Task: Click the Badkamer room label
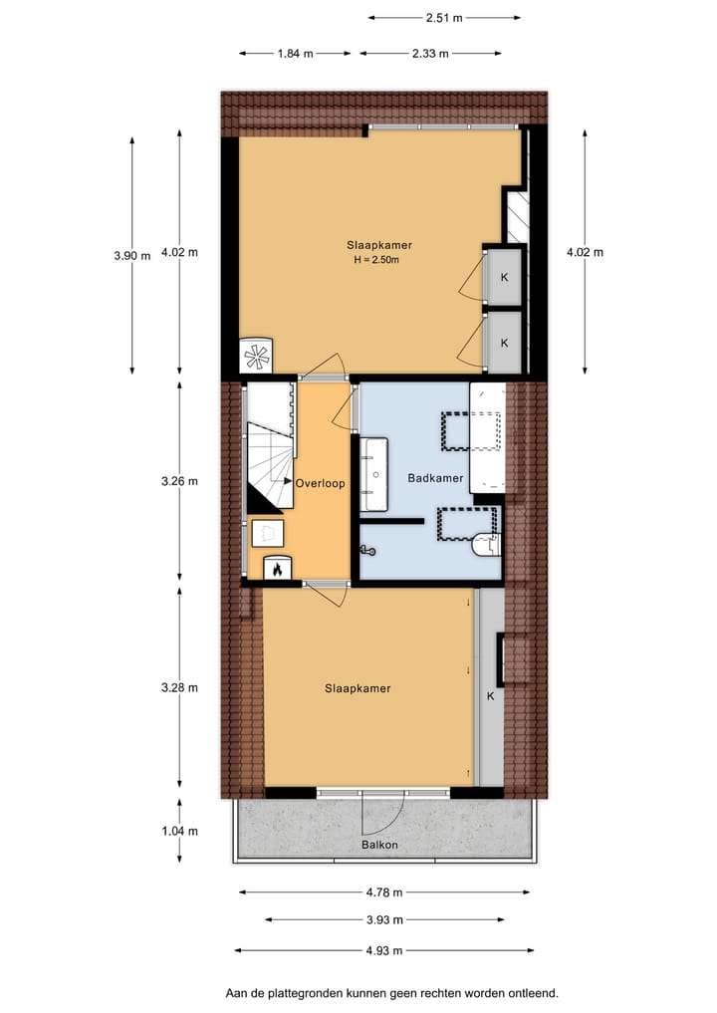tap(435, 478)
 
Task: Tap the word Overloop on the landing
tap(321, 483)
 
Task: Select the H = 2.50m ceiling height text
tap(376, 261)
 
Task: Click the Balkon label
tap(379, 846)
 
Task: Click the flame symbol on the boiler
tap(275, 569)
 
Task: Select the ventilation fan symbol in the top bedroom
tap(257, 356)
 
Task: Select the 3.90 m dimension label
tap(131, 255)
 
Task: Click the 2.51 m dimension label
tap(444, 17)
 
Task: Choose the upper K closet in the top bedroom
tap(504, 277)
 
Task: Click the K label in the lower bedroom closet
tap(490, 696)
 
